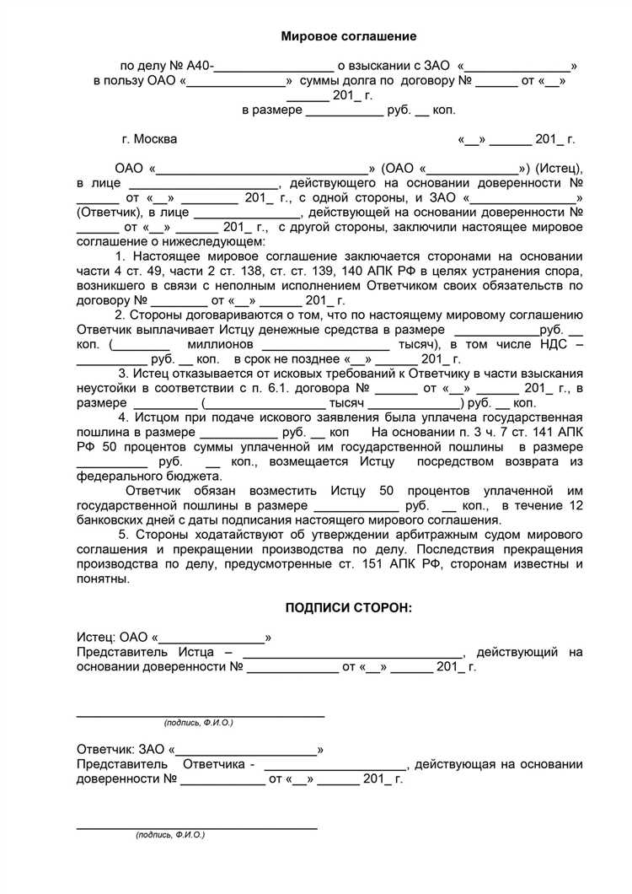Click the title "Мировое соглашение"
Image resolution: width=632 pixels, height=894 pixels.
348,36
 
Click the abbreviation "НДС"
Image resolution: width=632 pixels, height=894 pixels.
551,344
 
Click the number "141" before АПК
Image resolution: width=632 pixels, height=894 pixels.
538,433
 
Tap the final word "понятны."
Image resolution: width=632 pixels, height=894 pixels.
103,579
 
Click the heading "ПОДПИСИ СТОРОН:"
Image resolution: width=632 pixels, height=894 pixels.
349,608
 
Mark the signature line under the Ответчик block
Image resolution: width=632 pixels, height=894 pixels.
197,827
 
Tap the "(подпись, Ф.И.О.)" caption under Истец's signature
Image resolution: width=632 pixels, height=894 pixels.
198,723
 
